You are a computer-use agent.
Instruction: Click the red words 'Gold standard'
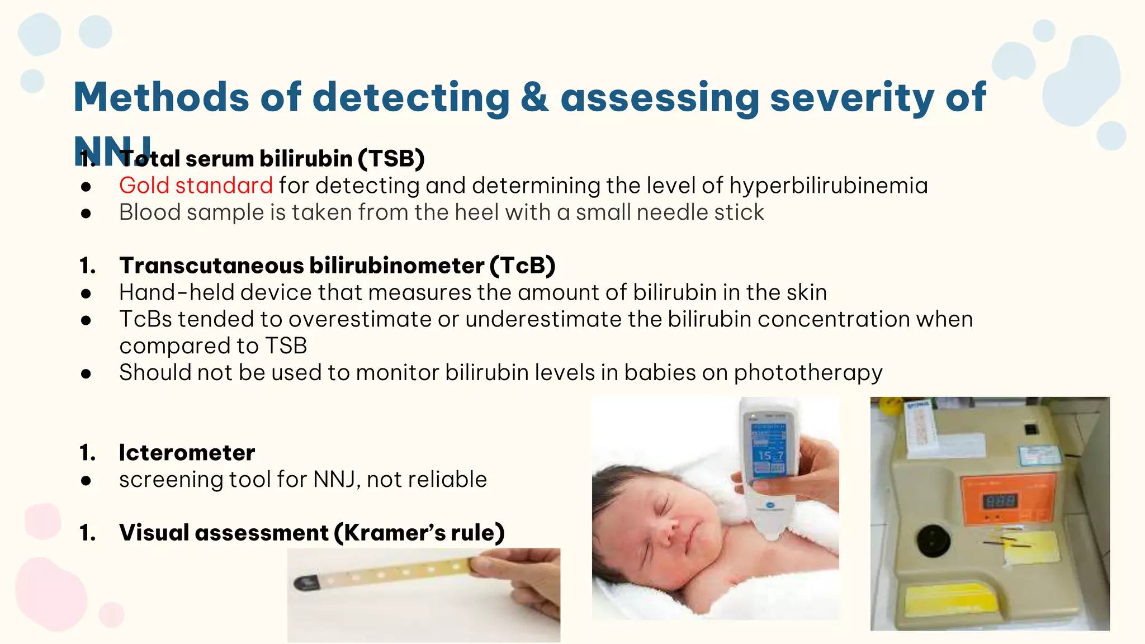[196, 186]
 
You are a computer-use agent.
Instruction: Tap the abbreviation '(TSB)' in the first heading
[391, 159]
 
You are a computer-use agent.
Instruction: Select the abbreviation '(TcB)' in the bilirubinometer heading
[523, 266]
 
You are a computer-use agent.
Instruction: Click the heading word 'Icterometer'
[187, 452]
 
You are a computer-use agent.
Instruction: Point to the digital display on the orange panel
[1000, 501]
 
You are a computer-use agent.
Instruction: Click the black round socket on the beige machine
[933, 540]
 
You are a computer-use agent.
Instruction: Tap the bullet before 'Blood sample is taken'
[86, 213]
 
